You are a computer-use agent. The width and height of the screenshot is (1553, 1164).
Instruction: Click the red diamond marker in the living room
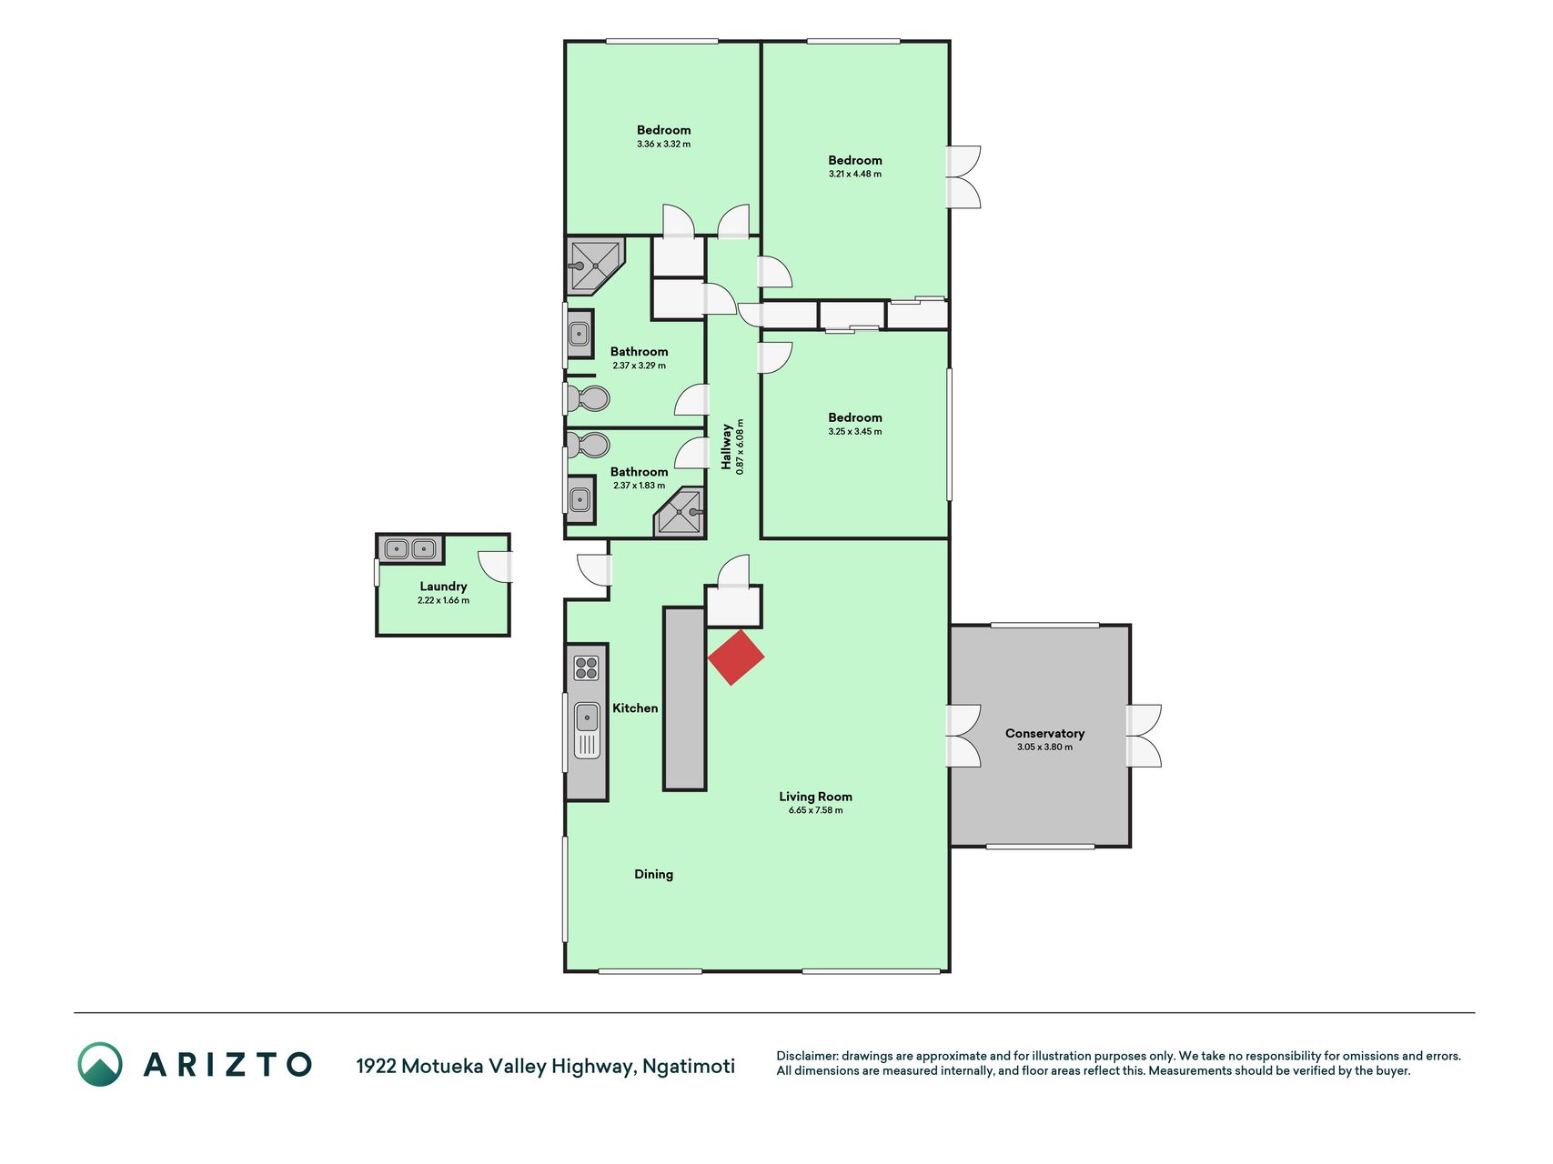[736, 657]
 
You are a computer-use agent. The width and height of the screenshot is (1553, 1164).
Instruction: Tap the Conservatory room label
[1044, 733]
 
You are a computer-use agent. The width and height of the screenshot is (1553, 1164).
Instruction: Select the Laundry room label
[443, 587]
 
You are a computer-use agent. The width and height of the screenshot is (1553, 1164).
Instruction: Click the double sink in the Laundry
[409, 549]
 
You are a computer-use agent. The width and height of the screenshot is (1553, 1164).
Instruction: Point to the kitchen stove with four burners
[587, 668]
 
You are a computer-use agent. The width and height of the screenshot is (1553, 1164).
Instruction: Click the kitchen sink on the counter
[587, 730]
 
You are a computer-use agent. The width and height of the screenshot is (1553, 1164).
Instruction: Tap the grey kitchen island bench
[684, 698]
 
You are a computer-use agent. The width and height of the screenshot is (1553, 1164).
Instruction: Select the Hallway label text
[727, 447]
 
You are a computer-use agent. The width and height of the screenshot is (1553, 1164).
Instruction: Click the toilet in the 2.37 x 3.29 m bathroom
[589, 398]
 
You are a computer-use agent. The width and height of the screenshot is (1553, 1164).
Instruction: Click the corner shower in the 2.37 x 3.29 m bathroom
[594, 266]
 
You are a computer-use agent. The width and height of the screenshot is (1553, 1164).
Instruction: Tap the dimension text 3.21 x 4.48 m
[855, 174]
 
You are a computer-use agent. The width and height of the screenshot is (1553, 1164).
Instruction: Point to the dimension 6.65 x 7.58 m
[816, 810]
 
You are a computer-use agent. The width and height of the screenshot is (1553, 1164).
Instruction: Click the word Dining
[654, 874]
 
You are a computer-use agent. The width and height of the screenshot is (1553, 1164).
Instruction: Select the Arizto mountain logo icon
[99, 1064]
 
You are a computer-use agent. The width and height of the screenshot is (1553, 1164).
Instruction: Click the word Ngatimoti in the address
[689, 1066]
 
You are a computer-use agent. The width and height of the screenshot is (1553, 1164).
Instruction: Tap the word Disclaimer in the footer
[806, 1056]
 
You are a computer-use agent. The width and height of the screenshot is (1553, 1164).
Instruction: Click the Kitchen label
[635, 707]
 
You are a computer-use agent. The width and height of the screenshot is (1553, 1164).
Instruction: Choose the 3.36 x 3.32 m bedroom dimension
[664, 144]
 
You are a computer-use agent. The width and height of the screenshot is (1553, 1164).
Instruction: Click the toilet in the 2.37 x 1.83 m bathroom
[589, 446]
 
